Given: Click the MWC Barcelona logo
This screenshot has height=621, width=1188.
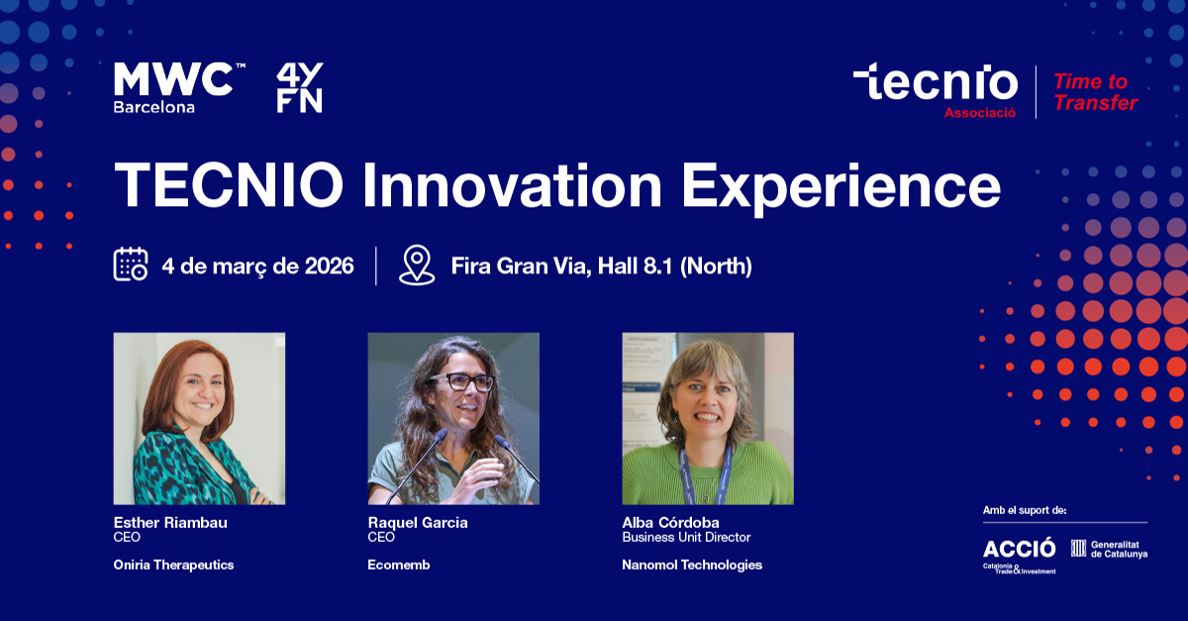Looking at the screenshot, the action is click(179, 87).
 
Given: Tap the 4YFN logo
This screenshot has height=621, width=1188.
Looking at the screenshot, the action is click(300, 87).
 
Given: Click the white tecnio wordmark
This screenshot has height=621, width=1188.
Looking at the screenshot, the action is click(936, 81).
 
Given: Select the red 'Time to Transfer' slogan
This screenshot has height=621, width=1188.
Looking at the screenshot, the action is click(1095, 92).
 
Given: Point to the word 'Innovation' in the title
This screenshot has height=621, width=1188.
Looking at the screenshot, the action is click(513, 185).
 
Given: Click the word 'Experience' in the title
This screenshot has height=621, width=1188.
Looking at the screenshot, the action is click(841, 187).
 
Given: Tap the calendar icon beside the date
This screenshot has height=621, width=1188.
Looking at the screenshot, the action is click(131, 263).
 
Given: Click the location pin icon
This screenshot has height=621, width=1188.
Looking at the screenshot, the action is click(417, 264).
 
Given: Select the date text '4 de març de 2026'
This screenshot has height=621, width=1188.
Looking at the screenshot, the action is click(257, 265).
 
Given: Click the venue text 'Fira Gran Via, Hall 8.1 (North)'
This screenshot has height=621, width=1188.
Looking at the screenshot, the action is click(602, 265).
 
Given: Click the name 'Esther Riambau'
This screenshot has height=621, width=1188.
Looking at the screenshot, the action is click(170, 522).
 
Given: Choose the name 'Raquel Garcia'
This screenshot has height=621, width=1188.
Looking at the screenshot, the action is click(418, 523).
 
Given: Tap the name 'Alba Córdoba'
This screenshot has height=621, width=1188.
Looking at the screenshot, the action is click(670, 522).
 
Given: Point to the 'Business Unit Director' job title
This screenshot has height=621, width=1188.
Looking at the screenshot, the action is click(686, 537).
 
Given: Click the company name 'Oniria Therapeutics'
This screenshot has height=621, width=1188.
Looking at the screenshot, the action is click(173, 565).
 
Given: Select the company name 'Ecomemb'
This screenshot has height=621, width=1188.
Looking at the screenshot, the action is click(399, 565).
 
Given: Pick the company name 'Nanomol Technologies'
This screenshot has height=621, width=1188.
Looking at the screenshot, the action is click(692, 565).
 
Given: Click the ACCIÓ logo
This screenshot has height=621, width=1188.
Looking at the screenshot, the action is click(1020, 556).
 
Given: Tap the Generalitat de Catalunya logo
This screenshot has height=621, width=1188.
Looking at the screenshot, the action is click(1109, 549).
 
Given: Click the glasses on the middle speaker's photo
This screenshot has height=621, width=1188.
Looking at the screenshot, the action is click(462, 381).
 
